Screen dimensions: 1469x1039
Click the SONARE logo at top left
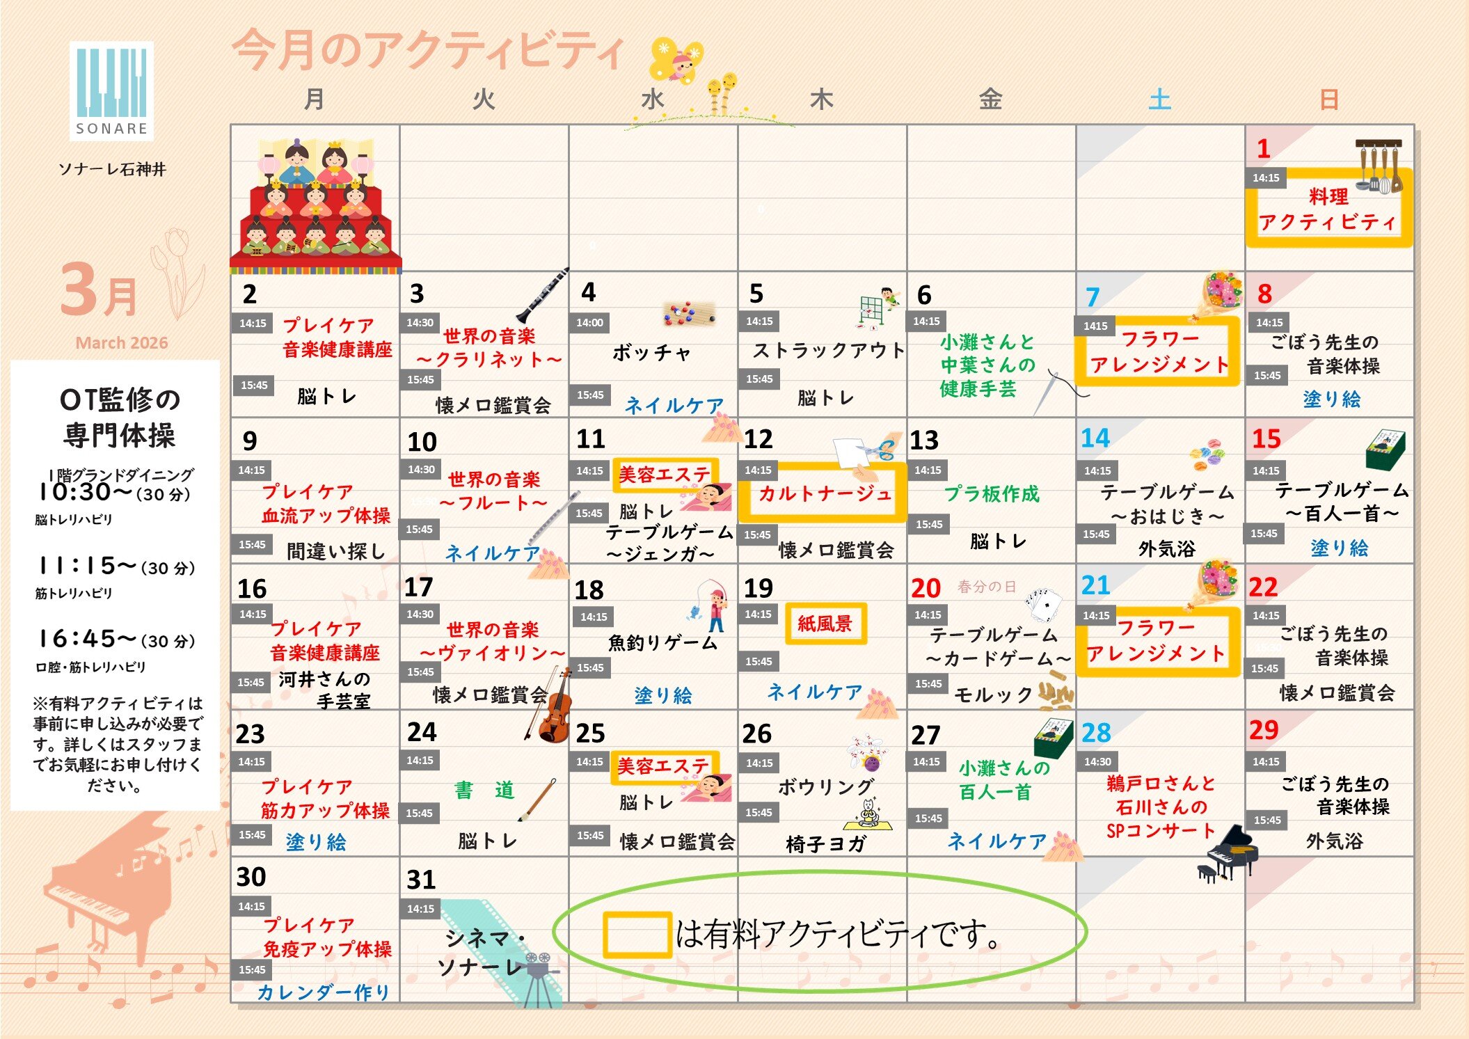(x=111, y=90)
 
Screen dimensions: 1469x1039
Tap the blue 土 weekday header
(x=1159, y=100)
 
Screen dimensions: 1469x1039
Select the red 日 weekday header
(x=1328, y=100)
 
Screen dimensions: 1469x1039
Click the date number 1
(x=1263, y=148)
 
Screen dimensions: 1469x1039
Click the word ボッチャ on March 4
(x=651, y=353)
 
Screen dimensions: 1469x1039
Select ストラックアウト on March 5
(x=828, y=350)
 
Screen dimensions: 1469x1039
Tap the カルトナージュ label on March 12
(x=824, y=493)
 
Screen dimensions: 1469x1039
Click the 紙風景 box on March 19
(x=825, y=624)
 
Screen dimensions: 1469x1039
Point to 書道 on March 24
(x=484, y=791)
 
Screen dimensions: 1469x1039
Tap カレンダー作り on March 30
(x=323, y=992)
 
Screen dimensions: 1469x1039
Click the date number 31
(x=421, y=880)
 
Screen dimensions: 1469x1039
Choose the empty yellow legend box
(x=637, y=935)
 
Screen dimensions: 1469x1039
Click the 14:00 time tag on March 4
(x=589, y=323)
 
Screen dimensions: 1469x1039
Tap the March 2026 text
(x=122, y=342)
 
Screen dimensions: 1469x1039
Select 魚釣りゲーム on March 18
(x=662, y=642)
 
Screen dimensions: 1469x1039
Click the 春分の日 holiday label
(x=986, y=587)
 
